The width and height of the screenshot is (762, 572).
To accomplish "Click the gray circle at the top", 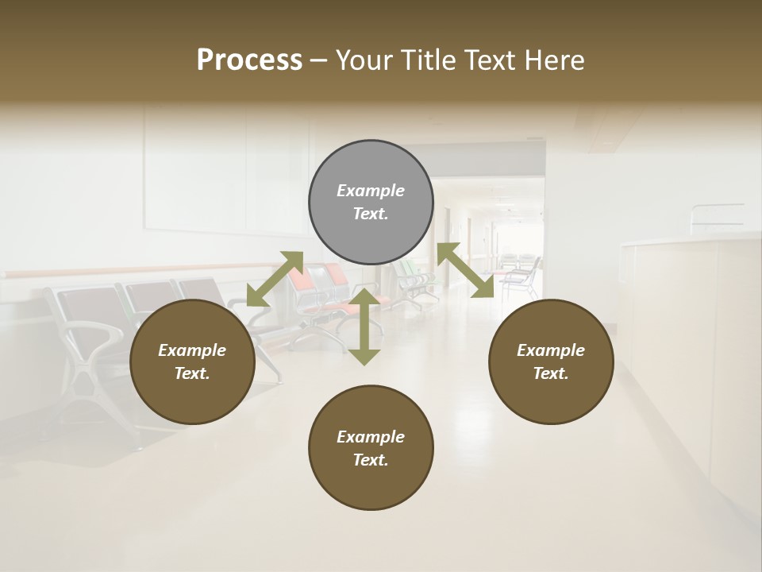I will click(x=371, y=203).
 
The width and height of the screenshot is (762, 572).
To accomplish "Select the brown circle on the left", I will click(x=192, y=361).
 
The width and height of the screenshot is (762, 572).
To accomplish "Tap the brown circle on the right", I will click(x=550, y=361).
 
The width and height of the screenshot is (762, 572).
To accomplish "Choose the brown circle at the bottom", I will click(x=371, y=448).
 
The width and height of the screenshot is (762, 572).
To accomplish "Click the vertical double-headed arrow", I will click(x=364, y=327).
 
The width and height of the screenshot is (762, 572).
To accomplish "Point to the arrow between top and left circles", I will click(x=275, y=279).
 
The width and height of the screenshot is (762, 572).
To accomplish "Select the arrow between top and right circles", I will click(x=465, y=270).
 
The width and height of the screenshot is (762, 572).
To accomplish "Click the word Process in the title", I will click(x=249, y=60).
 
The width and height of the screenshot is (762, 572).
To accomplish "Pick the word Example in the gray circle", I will click(x=371, y=191).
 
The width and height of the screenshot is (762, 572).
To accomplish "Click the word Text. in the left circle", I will click(x=192, y=373).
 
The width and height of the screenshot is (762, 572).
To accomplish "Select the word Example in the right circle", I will click(x=550, y=350).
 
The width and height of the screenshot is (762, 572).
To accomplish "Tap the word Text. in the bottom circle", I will click(x=371, y=460).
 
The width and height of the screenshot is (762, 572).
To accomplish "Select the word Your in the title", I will click(x=359, y=60).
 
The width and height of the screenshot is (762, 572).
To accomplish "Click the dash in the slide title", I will click(x=319, y=60).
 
